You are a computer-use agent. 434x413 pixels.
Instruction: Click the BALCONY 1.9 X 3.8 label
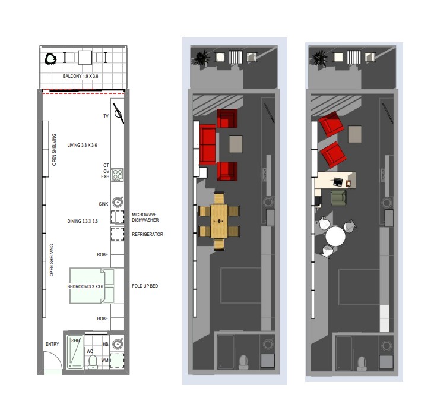[x=81, y=77]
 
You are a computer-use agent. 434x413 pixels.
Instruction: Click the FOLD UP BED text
[x=145, y=286]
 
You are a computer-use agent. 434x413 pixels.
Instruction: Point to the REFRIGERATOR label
[x=147, y=234]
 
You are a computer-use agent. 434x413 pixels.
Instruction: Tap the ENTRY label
[x=52, y=345]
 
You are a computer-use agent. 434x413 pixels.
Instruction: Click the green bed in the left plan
[x=88, y=286]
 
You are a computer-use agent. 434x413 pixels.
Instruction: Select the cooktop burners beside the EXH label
[x=118, y=175]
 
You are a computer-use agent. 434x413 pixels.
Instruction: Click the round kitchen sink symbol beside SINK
[x=118, y=203]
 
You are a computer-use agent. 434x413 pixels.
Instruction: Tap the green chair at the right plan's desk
[x=339, y=197]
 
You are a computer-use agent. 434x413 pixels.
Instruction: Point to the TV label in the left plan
[x=106, y=116]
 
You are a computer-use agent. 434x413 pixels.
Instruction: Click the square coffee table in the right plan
[x=356, y=134]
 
